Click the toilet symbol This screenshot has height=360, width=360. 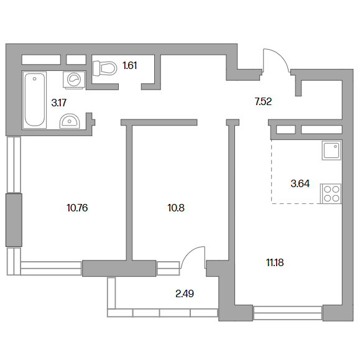(104, 68)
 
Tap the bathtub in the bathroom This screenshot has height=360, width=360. (35, 99)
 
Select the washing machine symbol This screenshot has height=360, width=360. (74, 80)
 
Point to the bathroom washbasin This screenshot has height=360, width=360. (70, 121)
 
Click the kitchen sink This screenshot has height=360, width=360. (331, 150)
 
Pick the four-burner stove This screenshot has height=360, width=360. (331, 193)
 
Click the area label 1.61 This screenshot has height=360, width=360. (130, 66)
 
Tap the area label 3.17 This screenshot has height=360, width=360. (59, 103)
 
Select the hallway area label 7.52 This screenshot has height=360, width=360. (263, 101)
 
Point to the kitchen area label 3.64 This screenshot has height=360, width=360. (300, 183)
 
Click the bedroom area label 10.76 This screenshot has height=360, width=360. (77, 208)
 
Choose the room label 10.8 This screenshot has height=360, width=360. (176, 208)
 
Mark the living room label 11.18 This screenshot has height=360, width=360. (275, 262)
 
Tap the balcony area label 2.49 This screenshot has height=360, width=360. (185, 293)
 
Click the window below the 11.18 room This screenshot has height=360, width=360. (288, 313)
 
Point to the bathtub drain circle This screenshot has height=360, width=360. (34, 79)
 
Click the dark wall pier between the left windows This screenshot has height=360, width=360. (14, 220)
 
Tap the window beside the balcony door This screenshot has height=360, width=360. (168, 268)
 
